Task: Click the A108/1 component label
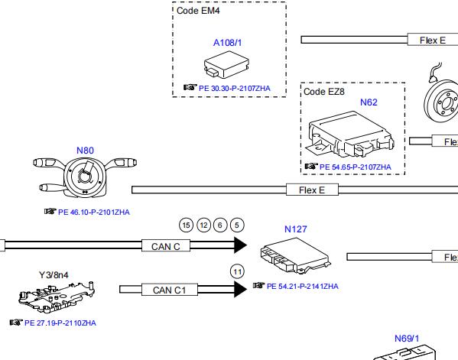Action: tap(228, 43)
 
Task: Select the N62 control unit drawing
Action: tap(350, 135)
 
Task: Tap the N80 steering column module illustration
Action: tap(85, 177)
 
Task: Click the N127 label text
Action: tap(296, 229)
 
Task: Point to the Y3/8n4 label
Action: tap(54, 275)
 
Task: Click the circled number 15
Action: tap(186, 225)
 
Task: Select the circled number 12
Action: tap(204, 225)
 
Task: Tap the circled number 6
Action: tap(220, 225)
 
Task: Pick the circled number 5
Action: tap(237, 225)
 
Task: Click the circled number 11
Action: tap(238, 272)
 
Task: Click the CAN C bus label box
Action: tap(166, 245)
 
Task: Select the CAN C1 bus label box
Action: tap(170, 290)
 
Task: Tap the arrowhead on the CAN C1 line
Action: tap(241, 289)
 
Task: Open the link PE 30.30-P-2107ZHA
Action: tap(235, 89)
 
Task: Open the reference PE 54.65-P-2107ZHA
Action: tap(356, 167)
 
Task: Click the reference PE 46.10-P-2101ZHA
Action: tap(94, 212)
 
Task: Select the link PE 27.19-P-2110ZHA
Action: tap(60, 323)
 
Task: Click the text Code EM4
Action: tap(198, 11)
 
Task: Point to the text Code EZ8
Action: tap(324, 92)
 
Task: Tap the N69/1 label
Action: tap(407, 339)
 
